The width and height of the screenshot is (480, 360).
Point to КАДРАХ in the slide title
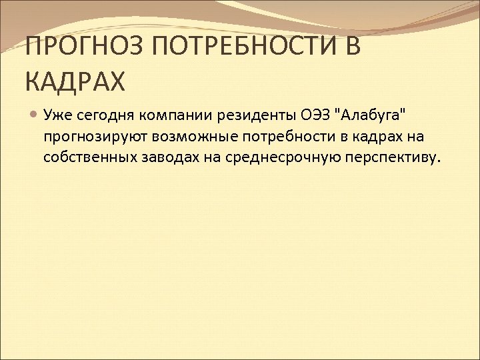75,82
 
